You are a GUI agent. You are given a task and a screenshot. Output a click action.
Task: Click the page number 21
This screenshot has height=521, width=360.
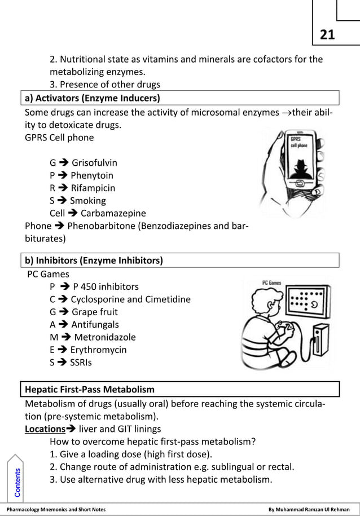[327, 35]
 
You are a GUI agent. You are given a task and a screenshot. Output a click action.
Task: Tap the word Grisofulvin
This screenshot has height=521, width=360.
[94, 163]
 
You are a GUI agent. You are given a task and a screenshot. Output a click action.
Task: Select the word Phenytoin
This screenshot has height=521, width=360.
[92, 175]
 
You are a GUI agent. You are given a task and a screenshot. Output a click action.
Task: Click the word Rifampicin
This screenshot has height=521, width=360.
[93, 188]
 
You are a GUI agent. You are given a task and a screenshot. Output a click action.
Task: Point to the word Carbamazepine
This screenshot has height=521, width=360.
[113, 213]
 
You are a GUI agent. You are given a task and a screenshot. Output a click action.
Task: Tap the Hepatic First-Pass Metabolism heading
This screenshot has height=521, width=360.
[90, 389]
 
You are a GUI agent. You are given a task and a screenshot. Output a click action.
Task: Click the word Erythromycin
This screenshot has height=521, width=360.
[98, 350]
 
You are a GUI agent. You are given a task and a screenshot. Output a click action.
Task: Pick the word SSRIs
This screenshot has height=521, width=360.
[80, 362]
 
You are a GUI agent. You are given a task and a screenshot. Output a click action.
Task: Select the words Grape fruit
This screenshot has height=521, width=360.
[94, 312]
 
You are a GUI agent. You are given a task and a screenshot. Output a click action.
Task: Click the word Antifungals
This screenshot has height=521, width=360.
[95, 324]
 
